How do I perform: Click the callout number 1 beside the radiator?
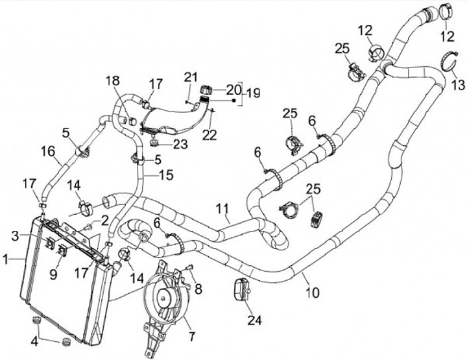(x=6, y=260)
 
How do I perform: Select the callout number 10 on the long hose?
(x=313, y=292)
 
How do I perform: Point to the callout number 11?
(x=222, y=210)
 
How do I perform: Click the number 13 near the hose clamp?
(x=458, y=84)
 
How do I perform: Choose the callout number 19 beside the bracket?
(x=252, y=93)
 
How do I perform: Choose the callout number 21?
(x=189, y=78)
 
